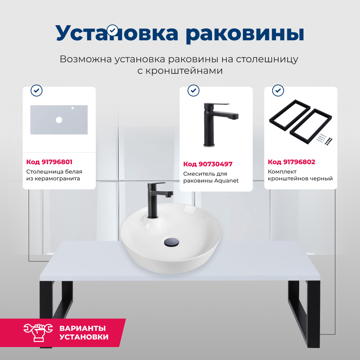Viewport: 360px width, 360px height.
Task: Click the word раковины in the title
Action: coord(245,33)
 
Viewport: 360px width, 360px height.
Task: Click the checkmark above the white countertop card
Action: coord(36,91)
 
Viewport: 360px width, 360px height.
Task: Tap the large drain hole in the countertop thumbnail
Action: coord(59,120)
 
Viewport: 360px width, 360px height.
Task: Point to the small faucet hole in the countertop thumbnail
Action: coord(72,108)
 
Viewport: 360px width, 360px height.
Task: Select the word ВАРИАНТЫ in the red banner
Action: coord(82,328)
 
